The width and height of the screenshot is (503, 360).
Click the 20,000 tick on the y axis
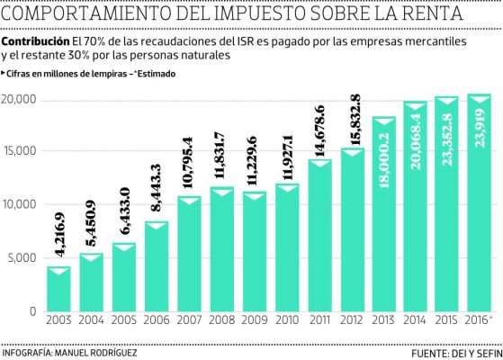coord(18,99)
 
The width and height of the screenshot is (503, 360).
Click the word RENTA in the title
coord(421,15)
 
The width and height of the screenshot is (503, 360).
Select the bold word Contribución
coord(35,43)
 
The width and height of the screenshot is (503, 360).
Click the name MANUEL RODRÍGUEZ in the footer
coord(96,352)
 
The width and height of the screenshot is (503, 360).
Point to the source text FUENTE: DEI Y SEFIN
coord(453,353)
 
